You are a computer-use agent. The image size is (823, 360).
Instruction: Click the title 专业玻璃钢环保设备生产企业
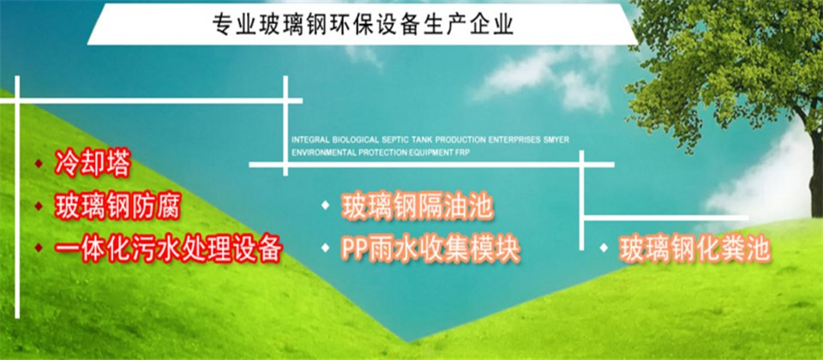click(x=363, y=25)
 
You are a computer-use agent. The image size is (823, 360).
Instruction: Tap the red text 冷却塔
click(x=92, y=165)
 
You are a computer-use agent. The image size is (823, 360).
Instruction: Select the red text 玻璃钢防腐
click(x=117, y=207)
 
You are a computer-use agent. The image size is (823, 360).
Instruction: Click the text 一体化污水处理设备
click(x=169, y=249)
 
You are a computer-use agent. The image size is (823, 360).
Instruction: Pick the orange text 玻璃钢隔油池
click(x=418, y=207)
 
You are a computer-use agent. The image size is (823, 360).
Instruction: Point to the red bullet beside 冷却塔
click(x=39, y=164)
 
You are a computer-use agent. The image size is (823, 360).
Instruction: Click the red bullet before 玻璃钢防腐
click(x=39, y=207)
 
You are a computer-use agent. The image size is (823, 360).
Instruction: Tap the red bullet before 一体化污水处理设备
click(x=39, y=248)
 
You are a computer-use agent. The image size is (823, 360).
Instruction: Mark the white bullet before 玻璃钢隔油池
click(x=326, y=205)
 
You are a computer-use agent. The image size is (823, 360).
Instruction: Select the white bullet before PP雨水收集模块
click(x=326, y=247)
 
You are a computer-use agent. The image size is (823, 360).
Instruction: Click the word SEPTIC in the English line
click(x=396, y=141)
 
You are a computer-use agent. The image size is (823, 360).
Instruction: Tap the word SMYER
click(x=558, y=141)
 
